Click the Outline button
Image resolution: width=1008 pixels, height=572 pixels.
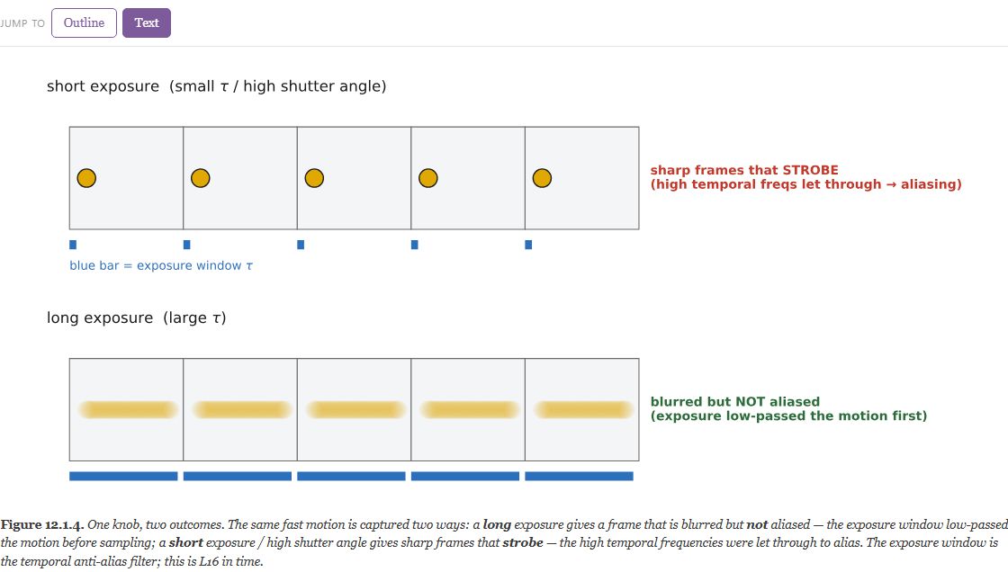coord(84,23)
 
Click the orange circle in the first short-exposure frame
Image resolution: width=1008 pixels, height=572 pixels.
coord(86,178)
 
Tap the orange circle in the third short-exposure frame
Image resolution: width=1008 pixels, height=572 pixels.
coord(314,178)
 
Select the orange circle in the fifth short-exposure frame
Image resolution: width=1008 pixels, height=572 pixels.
coord(542,178)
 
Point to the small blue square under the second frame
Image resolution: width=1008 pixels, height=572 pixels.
coord(187,245)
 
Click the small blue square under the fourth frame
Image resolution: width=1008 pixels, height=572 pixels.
coord(415,245)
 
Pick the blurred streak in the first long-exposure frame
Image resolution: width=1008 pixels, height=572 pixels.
coord(128,409)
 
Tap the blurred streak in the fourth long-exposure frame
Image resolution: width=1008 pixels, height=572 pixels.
coord(470,409)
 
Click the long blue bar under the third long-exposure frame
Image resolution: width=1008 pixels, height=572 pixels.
coord(351,477)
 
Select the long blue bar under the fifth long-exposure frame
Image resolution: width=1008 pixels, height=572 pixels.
coord(580,477)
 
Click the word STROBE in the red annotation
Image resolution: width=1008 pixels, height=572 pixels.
coord(810,170)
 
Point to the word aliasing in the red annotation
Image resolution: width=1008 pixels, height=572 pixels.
coord(931,184)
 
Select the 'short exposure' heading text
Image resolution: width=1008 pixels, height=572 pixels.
coord(103,86)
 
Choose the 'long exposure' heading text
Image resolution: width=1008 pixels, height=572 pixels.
coord(100,317)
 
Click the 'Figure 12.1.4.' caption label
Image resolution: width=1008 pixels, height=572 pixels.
coord(42,524)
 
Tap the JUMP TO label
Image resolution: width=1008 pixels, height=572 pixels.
coord(22,23)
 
